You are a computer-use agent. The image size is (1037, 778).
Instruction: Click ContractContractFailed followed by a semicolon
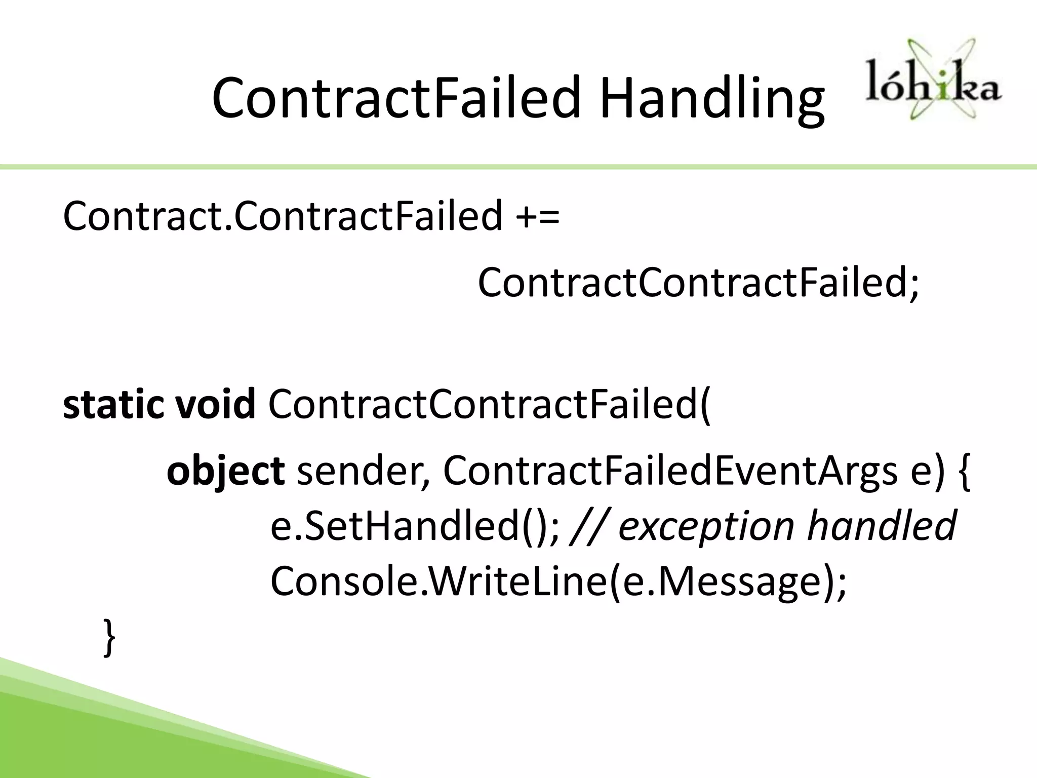coord(697,283)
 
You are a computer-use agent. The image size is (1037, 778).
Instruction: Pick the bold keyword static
coord(113,405)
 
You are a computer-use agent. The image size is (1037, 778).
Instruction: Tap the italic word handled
coord(881,526)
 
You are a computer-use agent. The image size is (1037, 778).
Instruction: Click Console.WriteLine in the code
coord(438,582)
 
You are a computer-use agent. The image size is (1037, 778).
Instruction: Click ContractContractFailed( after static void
coord(489,405)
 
